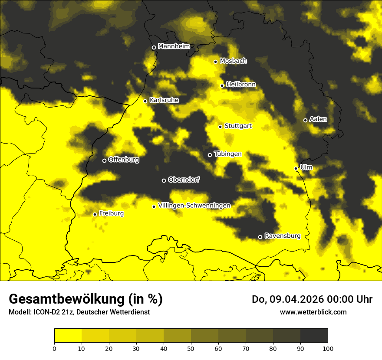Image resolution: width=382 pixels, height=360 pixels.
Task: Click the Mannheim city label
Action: [174, 46]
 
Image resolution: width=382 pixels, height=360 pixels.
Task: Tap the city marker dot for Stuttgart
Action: [221, 127]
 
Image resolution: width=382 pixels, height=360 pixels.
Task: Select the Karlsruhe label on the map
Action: [164, 100]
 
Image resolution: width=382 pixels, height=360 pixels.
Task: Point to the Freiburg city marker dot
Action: [95, 214]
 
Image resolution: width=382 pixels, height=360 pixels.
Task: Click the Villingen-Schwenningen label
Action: [194, 206]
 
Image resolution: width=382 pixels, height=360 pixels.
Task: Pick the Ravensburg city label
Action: [282, 236]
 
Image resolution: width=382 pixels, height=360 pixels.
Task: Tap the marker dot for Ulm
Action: [296, 168]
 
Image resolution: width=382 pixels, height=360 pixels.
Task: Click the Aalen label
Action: [318, 119]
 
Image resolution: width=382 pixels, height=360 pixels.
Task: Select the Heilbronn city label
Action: [241, 85]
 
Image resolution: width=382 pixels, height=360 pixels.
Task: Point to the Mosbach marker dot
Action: [216, 62]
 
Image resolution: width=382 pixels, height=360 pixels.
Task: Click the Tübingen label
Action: [228, 154]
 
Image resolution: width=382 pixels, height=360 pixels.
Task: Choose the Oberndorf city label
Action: [184, 180]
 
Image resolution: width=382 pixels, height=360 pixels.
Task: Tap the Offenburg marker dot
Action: [104, 160]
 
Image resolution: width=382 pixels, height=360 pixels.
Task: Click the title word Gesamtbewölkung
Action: [67, 299]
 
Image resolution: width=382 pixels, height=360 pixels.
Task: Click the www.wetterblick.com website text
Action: [313, 312]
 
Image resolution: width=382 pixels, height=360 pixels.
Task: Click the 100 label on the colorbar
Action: [327, 348]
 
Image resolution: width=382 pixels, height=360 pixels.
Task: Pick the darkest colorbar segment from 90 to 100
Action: [314, 336]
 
